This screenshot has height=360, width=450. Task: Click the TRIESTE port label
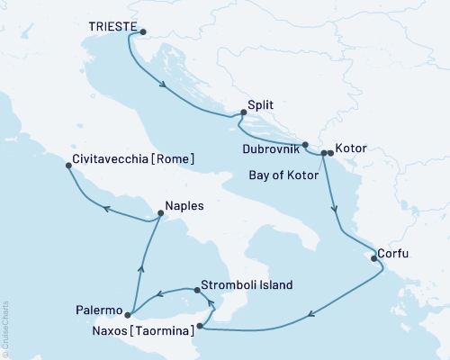[112, 28]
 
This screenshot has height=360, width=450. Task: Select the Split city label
[261, 105]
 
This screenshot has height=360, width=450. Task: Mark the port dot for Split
[242, 113]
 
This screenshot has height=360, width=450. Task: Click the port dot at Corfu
[373, 258]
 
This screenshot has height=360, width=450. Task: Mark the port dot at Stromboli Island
[196, 290]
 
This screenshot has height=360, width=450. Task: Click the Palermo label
[99, 310]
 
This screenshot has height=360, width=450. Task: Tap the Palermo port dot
[128, 315]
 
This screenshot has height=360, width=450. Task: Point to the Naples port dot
[159, 214]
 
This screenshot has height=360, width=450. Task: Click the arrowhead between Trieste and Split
[165, 85]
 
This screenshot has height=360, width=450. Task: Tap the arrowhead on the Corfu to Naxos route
[310, 314]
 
